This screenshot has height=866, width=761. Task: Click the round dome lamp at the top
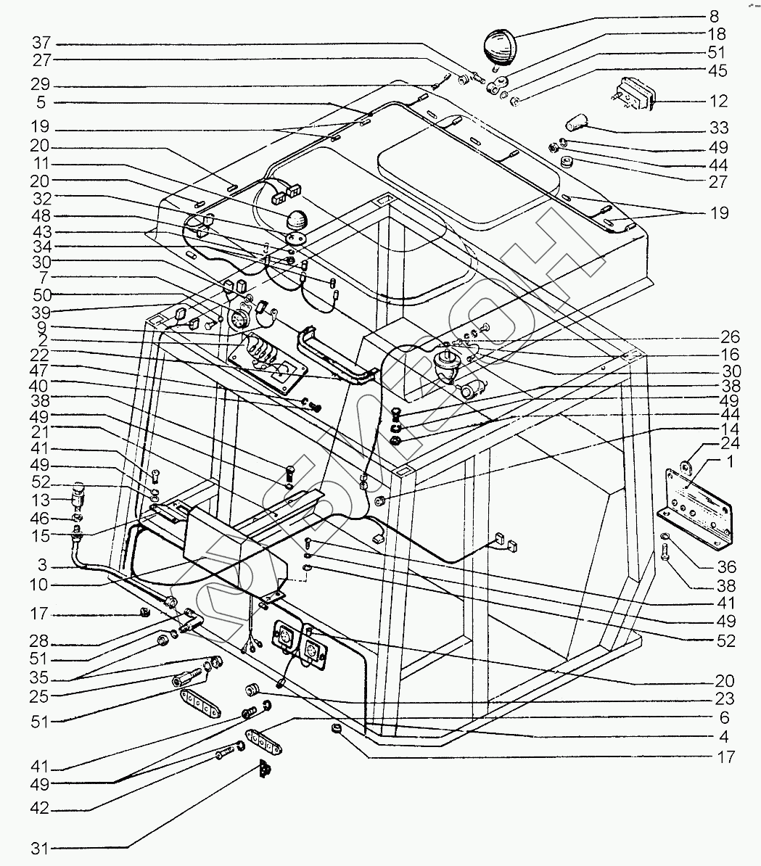click(x=500, y=46)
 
